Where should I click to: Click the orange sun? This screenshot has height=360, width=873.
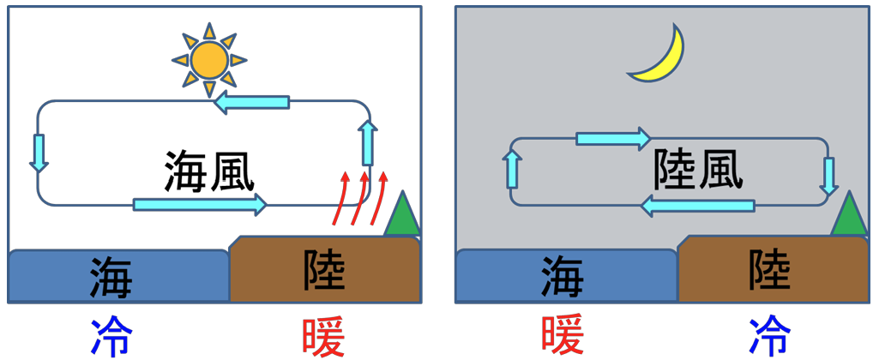pos(208,60)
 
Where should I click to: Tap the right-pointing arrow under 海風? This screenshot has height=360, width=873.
pos(200,205)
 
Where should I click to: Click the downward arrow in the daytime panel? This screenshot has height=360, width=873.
pos(38,153)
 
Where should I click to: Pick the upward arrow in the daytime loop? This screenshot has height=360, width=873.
pos(367,142)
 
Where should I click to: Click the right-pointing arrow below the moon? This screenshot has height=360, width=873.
pos(613,137)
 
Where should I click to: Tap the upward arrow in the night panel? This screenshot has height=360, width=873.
pos(513,168)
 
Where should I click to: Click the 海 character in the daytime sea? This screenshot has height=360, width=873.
pos(111,276)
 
